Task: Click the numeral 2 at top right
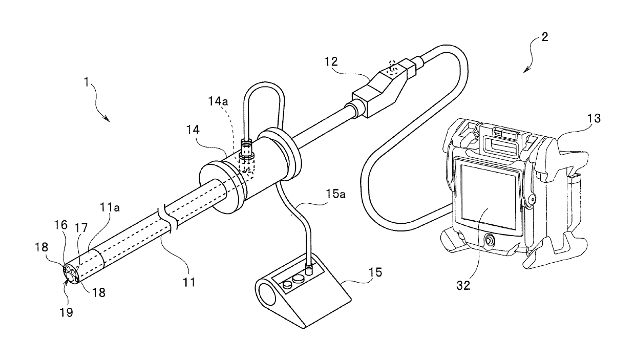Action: tap(544, 37)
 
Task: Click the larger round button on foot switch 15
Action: tap(298, 279)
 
